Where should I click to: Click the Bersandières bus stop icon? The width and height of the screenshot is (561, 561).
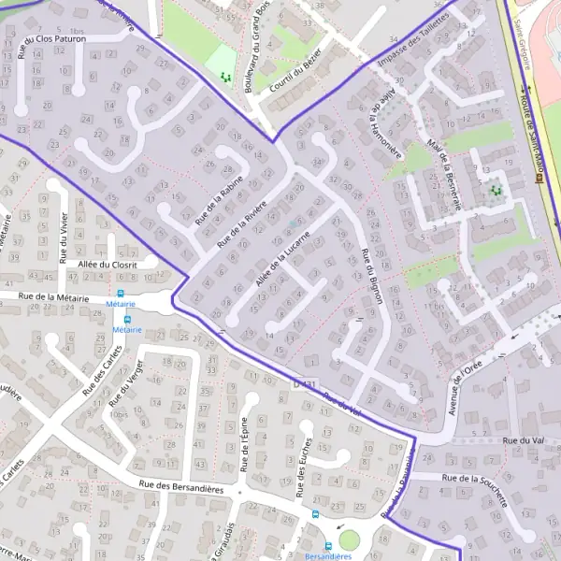click(x=328, y=546)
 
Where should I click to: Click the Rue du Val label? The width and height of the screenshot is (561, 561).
click(x=523, y=439)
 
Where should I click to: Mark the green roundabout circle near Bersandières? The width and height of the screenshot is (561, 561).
click(x=349, y=539)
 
